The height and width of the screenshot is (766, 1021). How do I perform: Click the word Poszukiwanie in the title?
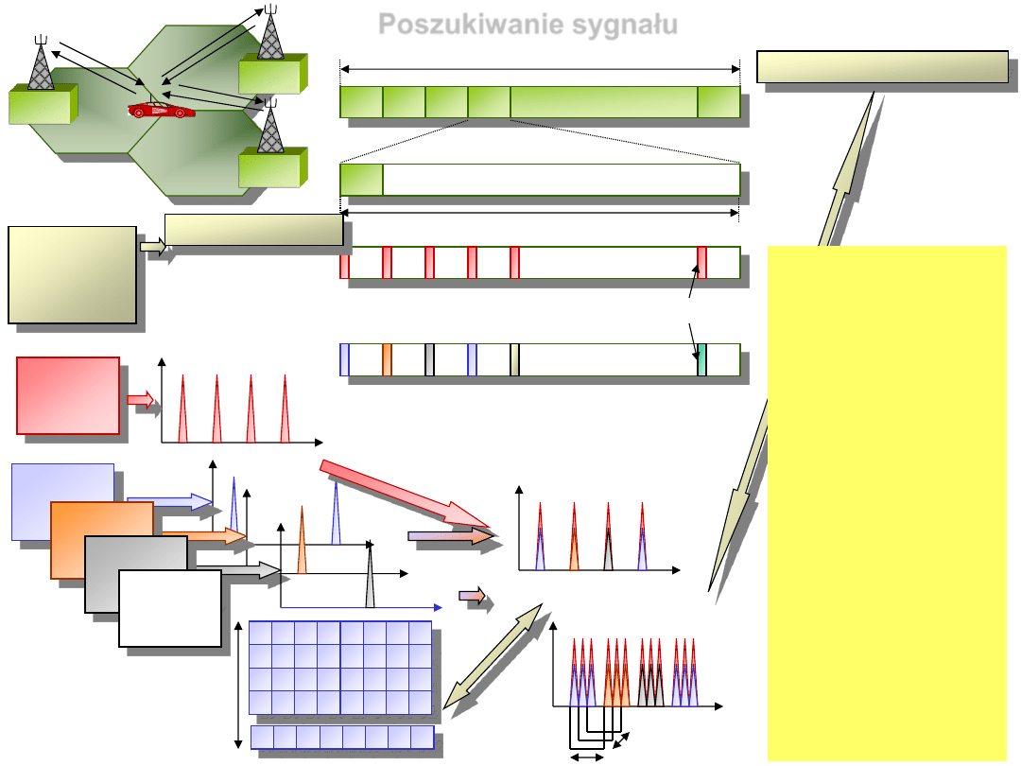[x=463, y=25]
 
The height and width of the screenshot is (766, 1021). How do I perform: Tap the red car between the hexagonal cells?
[x=162, y=110]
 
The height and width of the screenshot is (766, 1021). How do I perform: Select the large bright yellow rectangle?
[x=886, y=501]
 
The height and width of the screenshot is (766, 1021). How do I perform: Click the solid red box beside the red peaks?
[x=69, y=395]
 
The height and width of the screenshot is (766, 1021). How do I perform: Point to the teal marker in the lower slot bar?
[x=701, y=360]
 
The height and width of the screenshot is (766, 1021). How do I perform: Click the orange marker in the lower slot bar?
[x=387, y=360]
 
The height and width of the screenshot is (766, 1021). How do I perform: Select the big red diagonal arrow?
[x=407, y=495]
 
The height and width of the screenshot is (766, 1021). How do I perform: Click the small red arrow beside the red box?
[x=140, y=400]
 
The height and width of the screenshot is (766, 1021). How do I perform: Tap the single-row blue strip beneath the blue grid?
[x=342, y=738]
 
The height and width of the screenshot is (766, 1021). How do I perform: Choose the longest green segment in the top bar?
[x=603, y=102]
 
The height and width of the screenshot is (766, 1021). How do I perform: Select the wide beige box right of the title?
[x=882, y=66]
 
